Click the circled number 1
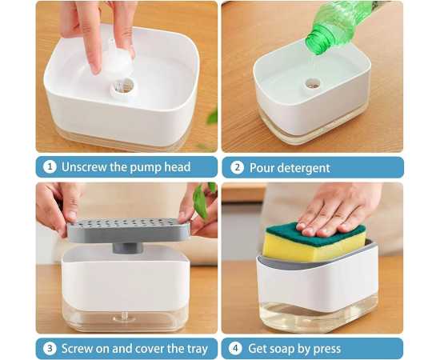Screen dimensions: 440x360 (x=50, y=167)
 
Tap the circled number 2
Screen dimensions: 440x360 (x=237, y=167)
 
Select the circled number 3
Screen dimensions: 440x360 (x=50, y=349)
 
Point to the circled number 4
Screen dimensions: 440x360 (x=235, y=349)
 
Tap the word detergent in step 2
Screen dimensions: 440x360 (x=304, y=168)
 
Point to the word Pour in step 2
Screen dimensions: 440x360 (x=262, y=168)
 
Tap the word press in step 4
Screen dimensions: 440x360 (x=327, y=350)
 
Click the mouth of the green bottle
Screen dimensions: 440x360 (x=314, y=43)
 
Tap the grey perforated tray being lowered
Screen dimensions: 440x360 (x=129, y=230)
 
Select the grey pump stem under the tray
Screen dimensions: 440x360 (x=128, y=248)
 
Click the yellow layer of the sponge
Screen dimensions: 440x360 (x=311, y=248)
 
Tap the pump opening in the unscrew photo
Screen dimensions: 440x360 (x=123, y=87)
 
